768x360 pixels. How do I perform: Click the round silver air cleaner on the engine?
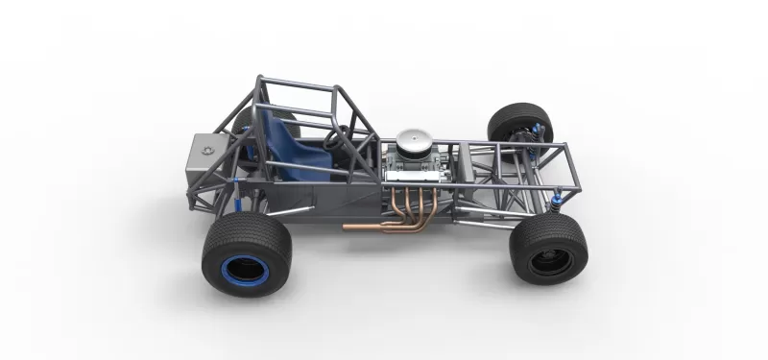coord(416,144)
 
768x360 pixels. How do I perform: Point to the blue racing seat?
coord(289,144)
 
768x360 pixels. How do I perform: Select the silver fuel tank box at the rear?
coord(209,158)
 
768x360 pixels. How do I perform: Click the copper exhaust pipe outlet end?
coord(348,228)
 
